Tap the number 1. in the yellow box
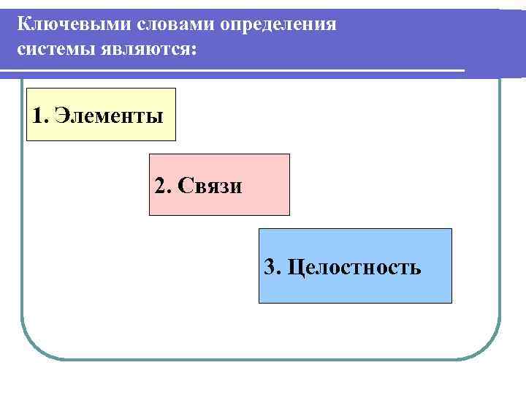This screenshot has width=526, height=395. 40,116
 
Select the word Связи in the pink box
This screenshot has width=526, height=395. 216,185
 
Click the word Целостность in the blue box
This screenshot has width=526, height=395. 354,267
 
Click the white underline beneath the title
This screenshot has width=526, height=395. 234,71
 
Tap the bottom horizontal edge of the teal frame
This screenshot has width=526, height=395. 263,358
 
